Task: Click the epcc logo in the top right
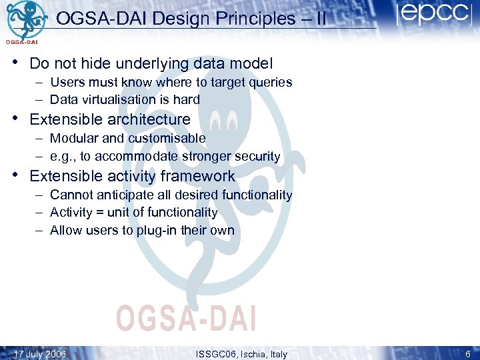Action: pos(434,15)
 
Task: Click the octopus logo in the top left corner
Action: pos(25,20)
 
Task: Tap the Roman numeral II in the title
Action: pos(320,19)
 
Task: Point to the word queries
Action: pos(270,82)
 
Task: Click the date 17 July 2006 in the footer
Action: pos(40,354)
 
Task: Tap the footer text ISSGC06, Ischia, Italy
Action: pos(242,354)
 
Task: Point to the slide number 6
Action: pos(467,354)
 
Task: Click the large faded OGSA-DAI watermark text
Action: pos(186,317)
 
